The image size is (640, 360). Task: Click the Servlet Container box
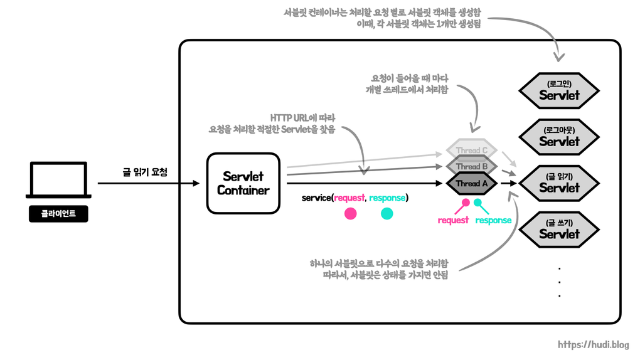point(243,183)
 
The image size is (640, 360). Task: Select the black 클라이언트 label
point(58,214)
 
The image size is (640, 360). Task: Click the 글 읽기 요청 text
point(145,171)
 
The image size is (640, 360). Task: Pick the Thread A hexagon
point(471,183)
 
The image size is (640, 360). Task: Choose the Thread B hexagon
point(471,166)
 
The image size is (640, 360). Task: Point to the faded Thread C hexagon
point(471,151)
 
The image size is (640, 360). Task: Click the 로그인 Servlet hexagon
point(558,91)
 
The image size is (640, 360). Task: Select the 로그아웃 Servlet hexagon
point(558,137)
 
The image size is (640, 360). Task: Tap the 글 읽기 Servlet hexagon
point(558,183)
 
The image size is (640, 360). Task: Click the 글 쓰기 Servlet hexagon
point(558,229)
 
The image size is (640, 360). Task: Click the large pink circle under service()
point(351,213)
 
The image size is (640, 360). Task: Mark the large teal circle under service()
point(387,213)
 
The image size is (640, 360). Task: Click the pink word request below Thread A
point(453,221)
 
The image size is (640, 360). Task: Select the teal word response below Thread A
point(493,221)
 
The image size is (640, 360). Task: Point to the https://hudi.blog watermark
point(593,344)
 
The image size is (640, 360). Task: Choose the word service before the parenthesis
point(316,198)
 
